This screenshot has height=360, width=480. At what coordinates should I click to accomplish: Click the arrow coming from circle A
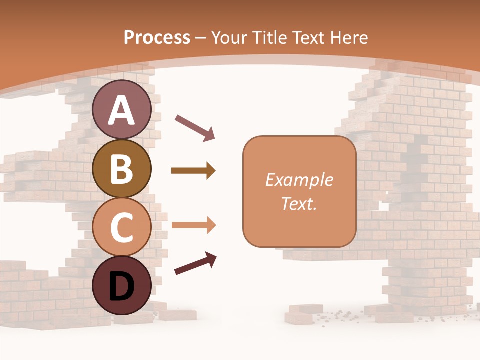(194, 128)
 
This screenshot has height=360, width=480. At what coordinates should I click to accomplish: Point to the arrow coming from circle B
(193, 171)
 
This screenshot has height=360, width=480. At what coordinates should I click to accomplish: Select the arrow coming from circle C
(193, 225)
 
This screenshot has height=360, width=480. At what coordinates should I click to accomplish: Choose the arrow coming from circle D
(195, 264)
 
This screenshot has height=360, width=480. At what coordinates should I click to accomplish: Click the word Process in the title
(157, 37)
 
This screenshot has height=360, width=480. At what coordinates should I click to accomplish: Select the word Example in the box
(299, 180)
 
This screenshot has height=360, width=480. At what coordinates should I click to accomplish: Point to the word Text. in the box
(299, 203)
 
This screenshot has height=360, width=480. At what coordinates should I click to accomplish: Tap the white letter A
(122, 111)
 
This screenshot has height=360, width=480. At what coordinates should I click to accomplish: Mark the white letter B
(122, 169)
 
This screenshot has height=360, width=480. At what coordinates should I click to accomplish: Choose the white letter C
(122, 228)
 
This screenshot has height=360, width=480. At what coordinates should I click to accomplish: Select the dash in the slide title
(200, 38)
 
